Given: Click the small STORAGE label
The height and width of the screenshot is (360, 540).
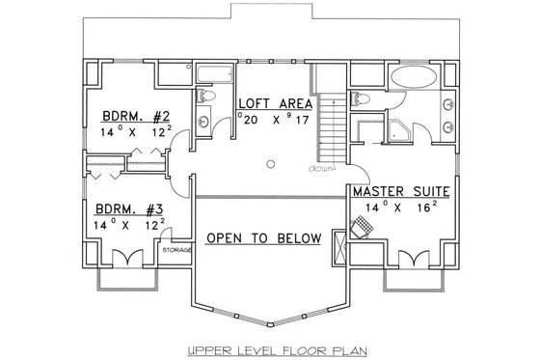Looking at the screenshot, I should pos(176,250).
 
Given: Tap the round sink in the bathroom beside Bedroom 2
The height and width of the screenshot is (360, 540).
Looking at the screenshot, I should pos(204,122).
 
